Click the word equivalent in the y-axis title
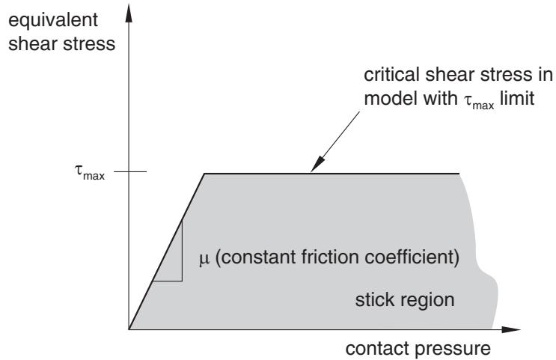[x=53, y=20]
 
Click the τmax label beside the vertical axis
[x=90, y=172]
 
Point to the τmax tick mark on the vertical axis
[x=130, y=171]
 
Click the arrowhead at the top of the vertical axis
[x=129, y=14]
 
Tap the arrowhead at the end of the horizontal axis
[x=511, y=329]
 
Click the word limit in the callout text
[x=517, y=98]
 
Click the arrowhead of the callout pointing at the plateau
[x=317, y=164]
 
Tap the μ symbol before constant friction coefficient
[x=204, y=258]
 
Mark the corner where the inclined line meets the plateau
[x=204, y=174]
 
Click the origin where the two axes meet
[x=129, y=329]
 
